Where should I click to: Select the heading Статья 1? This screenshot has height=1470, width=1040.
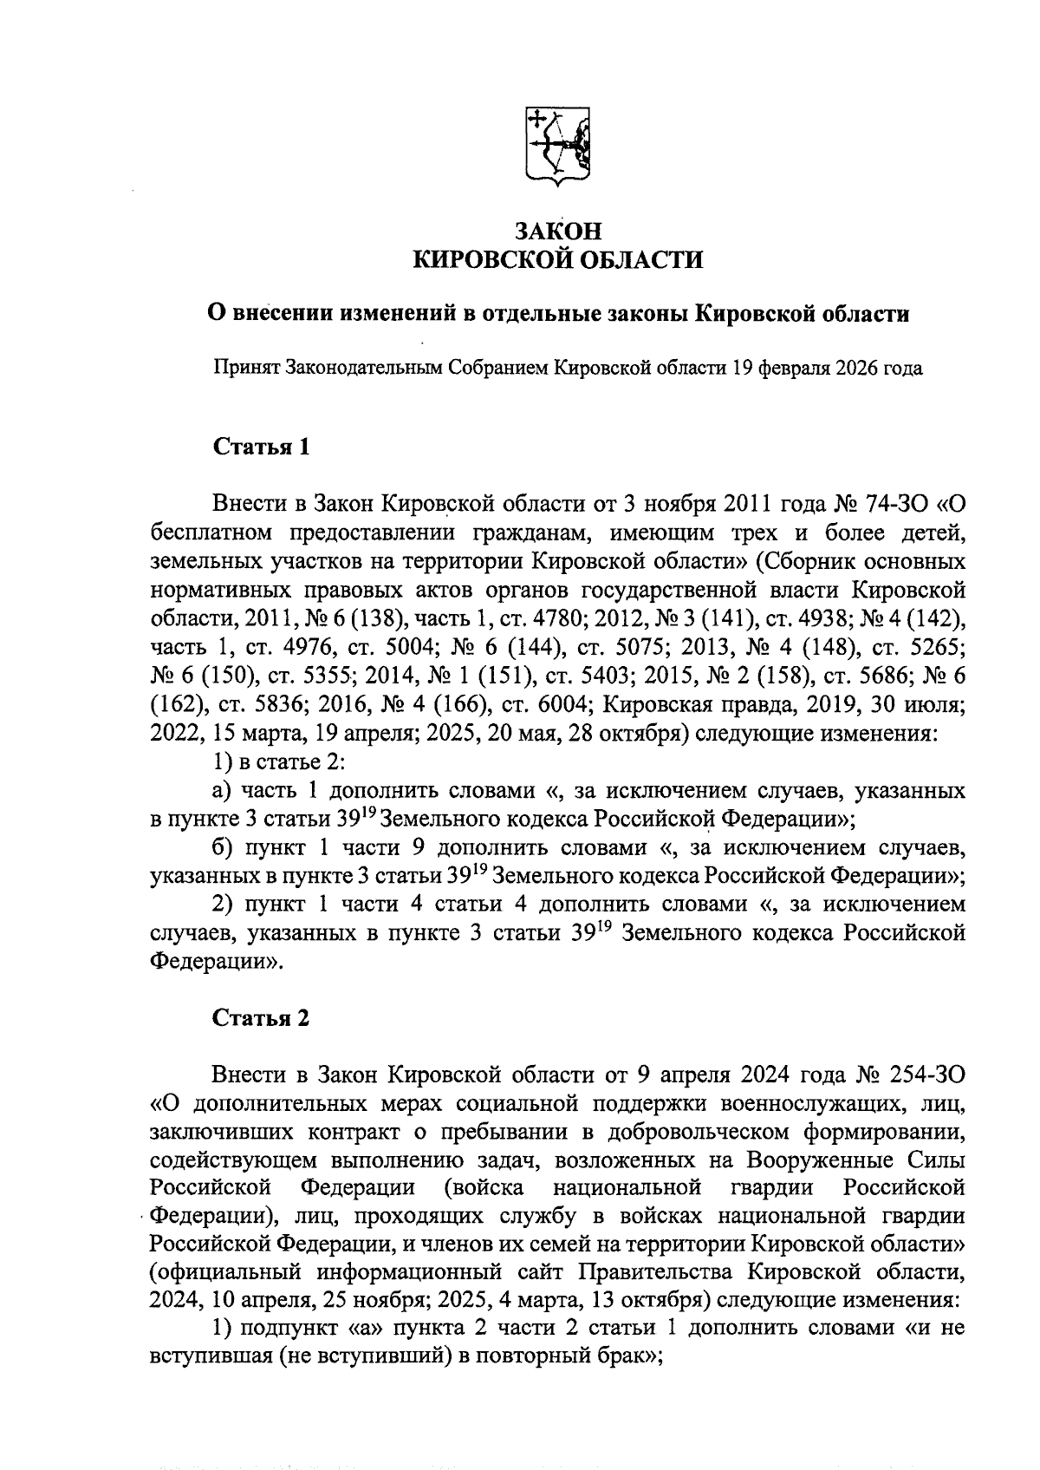click(261, 448)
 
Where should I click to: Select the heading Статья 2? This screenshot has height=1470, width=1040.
click(261, 1017)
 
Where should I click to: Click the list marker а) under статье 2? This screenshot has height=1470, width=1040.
click(223, 791)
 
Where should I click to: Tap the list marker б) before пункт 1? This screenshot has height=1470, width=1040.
click(223, 847)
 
